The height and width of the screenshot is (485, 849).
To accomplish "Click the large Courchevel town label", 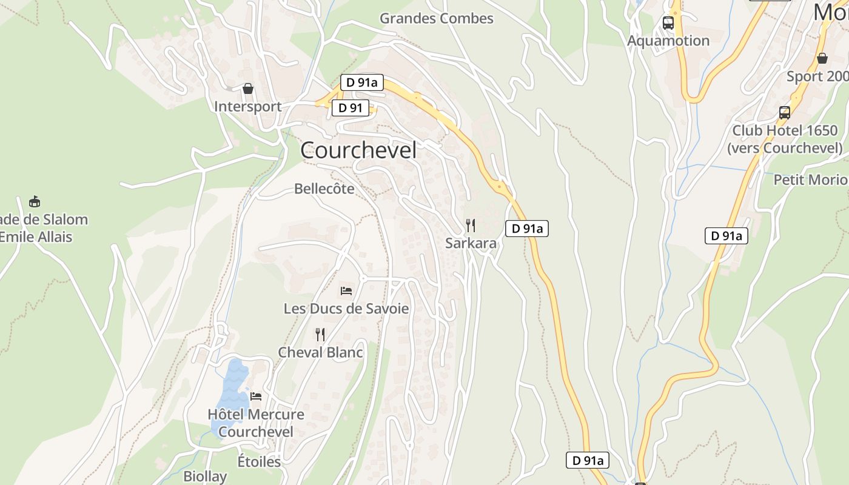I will click(x=358, y=150).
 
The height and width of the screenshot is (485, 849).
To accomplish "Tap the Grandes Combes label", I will click(x=436, y=18).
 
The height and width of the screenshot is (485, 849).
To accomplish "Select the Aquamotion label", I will click(x=668, y=41).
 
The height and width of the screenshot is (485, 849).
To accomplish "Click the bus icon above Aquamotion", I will click(x=668, y=23).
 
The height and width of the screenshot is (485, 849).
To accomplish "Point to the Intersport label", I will click(x=247, y=106).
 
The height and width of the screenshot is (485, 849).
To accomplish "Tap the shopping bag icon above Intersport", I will click(x=247, y=89).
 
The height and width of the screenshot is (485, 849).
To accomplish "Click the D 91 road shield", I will click(x=350, y=108).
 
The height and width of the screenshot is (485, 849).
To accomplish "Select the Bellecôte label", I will click(x=324, y=189).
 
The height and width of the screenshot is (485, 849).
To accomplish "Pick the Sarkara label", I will click(x=471, y=243).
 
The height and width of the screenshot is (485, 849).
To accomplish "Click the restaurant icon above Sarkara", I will click(x=471, y=226).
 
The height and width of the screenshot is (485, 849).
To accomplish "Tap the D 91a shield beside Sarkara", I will click(x=526, y=229).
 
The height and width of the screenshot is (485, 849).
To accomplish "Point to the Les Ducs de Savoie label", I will click(x=346, y=309).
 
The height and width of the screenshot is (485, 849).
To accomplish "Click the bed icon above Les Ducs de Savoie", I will click(x=346, y=291).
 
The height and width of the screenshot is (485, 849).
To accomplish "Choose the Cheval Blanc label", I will click(x=320, y=352).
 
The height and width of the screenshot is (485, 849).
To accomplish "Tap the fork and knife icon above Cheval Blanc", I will click(x=320, y=335).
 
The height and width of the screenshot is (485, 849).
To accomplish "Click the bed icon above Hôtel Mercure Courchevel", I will click(x=256, y=396).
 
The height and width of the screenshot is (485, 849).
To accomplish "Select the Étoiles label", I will click(x=259, y=461).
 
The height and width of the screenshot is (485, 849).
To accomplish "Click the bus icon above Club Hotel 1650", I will click(x=785, y=113).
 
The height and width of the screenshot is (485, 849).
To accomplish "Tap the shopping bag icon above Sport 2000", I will click(x=822, y=59).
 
